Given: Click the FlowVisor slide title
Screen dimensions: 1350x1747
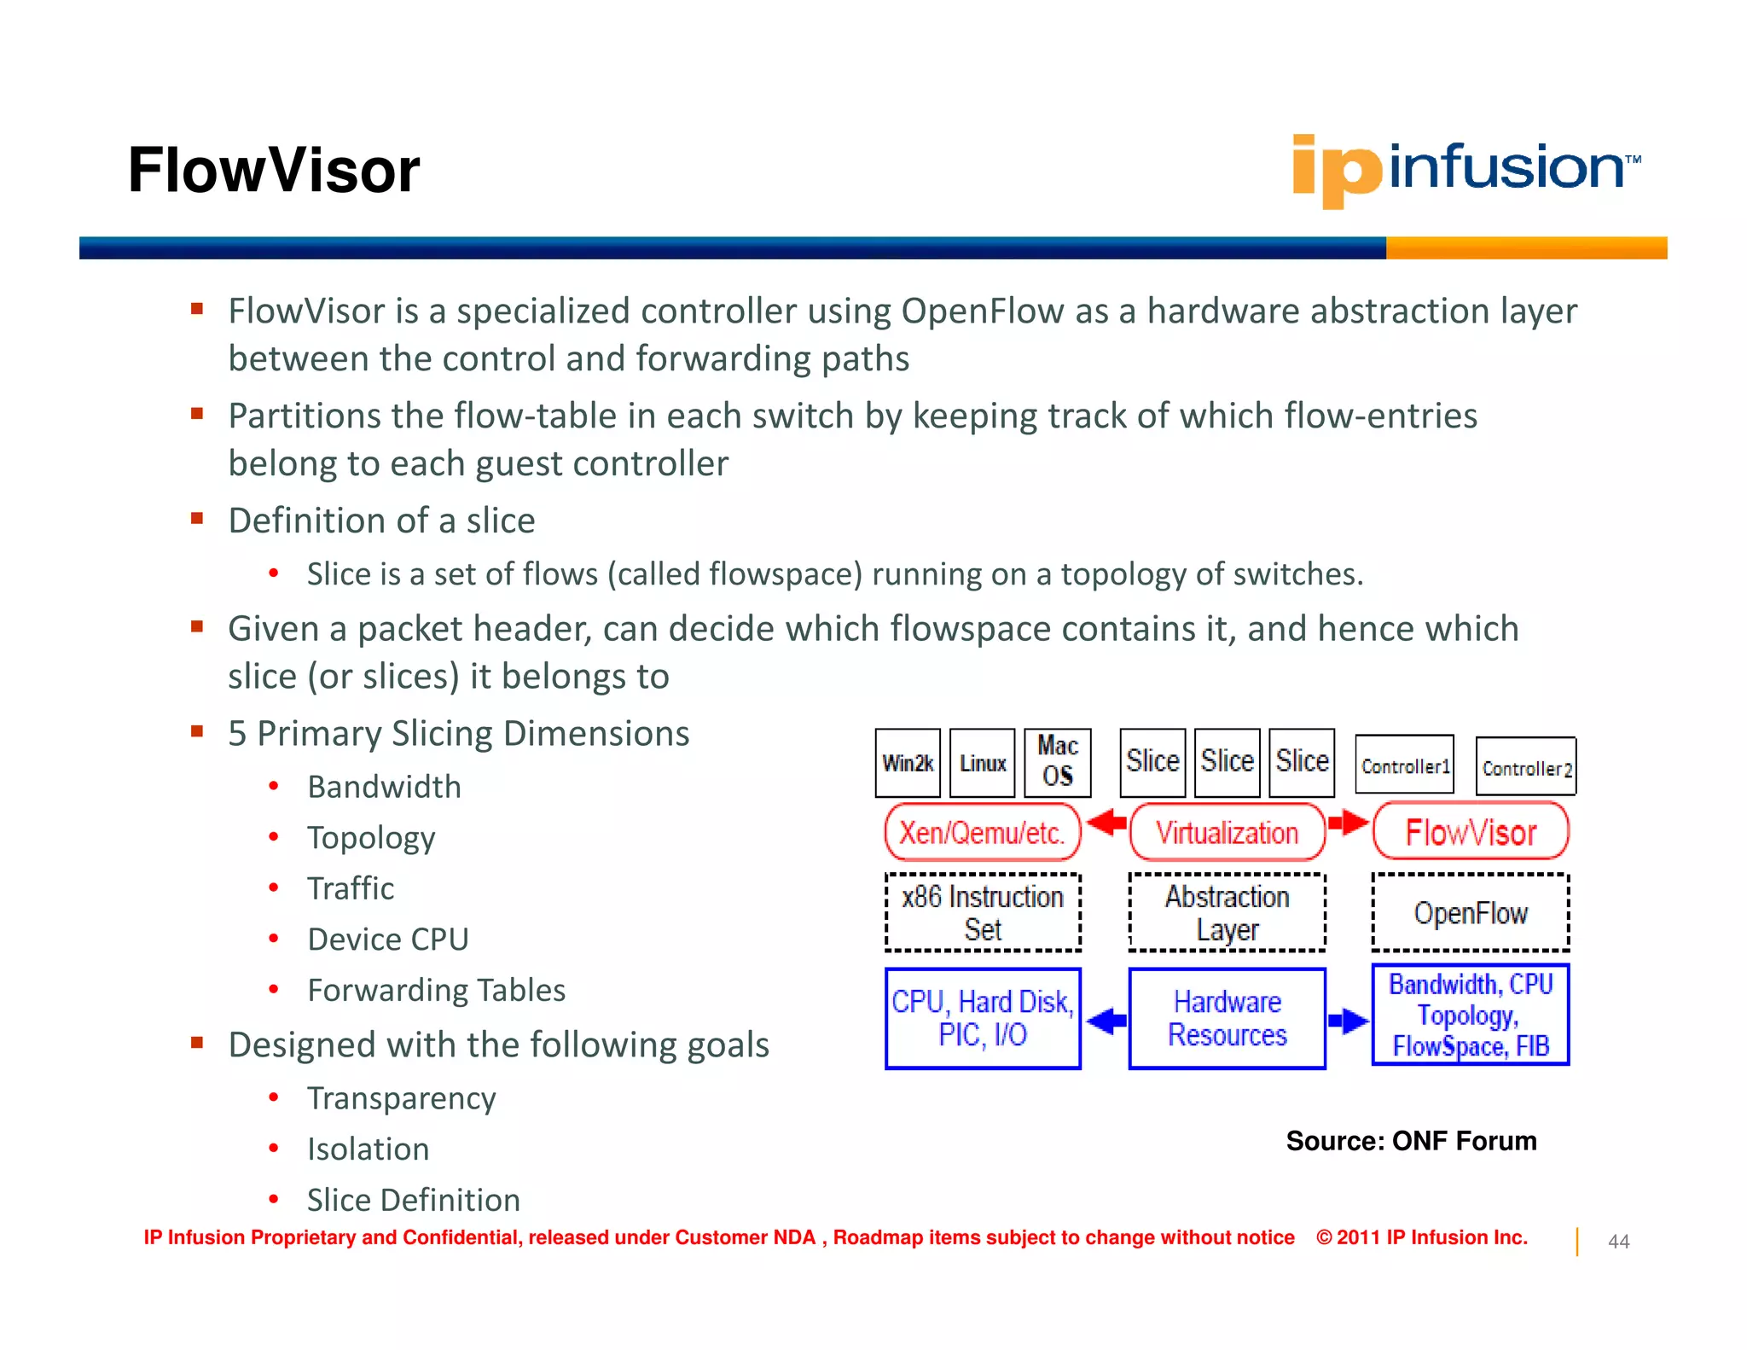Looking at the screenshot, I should pyautogui.click(x=274, y=170).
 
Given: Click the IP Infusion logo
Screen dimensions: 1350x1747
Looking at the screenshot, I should pyautogui.click(x=1465, y=169).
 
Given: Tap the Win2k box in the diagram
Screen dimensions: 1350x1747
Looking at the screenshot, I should pyautogui.click(x=908, y=762).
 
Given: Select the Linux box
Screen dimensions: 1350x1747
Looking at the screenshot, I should pyautogui.click(x=983, y=762).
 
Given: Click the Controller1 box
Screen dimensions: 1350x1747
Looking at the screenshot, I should pyautogui.click(x=1405, y=765).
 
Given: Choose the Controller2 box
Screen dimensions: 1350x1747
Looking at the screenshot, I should pyautogui.click(x=1525, y=767).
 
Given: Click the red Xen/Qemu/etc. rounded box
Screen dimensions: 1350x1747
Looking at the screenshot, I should pyautogui.click(x=983, y=832).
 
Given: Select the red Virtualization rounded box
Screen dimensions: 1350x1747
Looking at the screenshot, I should pyautogui.click(x=1227, y=832).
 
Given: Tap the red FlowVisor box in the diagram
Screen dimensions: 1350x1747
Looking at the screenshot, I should pyautogui.click(x=1471, y=832).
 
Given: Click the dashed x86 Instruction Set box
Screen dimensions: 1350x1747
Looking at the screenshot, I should pyautogui.click(x=983, y=912).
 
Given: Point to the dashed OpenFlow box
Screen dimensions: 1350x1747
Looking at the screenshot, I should pyautogui.click(x=1471, y=912).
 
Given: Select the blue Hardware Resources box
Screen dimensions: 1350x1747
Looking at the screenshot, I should pyautogui.click(x=1227, y=1018).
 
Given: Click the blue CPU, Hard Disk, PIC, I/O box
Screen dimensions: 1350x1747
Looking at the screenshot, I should pyautogui.click(x=983, y=1018).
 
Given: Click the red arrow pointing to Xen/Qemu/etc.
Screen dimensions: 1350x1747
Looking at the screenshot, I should pyautogui.click(x=1106, y=823).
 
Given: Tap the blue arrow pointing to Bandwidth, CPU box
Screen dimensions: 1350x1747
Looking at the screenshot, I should pyautogui.click(x=1349, y=1020).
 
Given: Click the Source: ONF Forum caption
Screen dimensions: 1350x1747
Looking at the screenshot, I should pyautogui.click(x=1411, y=1141).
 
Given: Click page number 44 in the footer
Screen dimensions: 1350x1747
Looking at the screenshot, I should pyautogui.click(x=1618, y=1242).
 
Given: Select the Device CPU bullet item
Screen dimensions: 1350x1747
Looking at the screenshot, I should pyautogui.click(x=388, y=940).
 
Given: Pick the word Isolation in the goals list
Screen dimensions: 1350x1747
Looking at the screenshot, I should pyautogui.click(x=368, y=1149).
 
